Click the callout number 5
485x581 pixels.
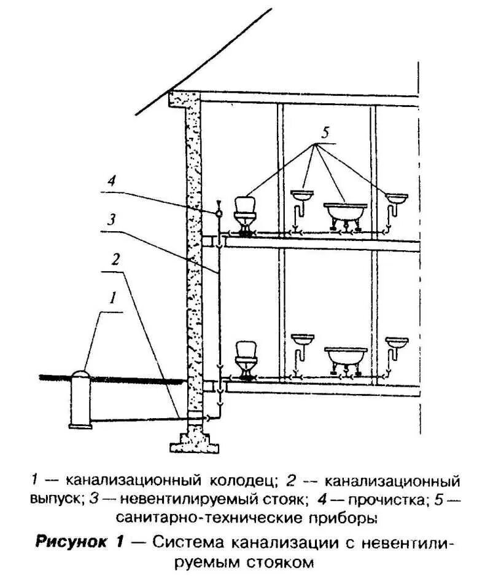point(326,132)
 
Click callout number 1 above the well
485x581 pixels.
point(112,299)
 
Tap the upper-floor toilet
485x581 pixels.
point(245,211)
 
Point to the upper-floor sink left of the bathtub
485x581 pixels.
point(302,196)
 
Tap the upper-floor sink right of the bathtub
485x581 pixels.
point(397,198)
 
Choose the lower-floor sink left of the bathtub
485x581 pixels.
point(302,339)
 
